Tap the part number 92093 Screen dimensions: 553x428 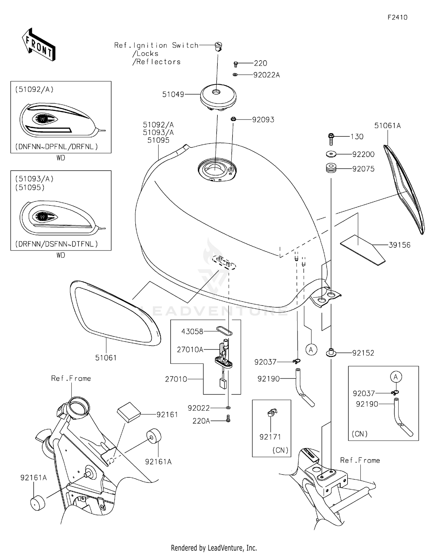click(x=263, y=120)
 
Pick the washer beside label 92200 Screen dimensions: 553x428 click(x=331, y=154)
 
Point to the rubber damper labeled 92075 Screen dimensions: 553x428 click(x=331, y=168)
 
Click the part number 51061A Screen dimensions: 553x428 click(x=387, y=126)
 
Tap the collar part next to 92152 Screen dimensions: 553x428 click(x=331, y=352)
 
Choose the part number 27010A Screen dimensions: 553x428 click(x=190, y=350)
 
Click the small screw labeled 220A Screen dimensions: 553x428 click(x=228, y=419)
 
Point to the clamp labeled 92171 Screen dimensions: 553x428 click(x=272, y=413)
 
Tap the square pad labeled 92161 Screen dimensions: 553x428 click(x=129, y=412)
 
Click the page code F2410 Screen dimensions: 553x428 click(x=397, y=17)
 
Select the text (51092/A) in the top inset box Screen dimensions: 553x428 click(x=34, y=89)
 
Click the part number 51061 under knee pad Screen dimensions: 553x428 click(x=106, y=358)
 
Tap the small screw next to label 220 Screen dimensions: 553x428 click(x=236, y=64)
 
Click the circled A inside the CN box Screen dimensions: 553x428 click(x=396, y=377)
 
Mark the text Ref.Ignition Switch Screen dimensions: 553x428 click(x=156, y=45)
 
